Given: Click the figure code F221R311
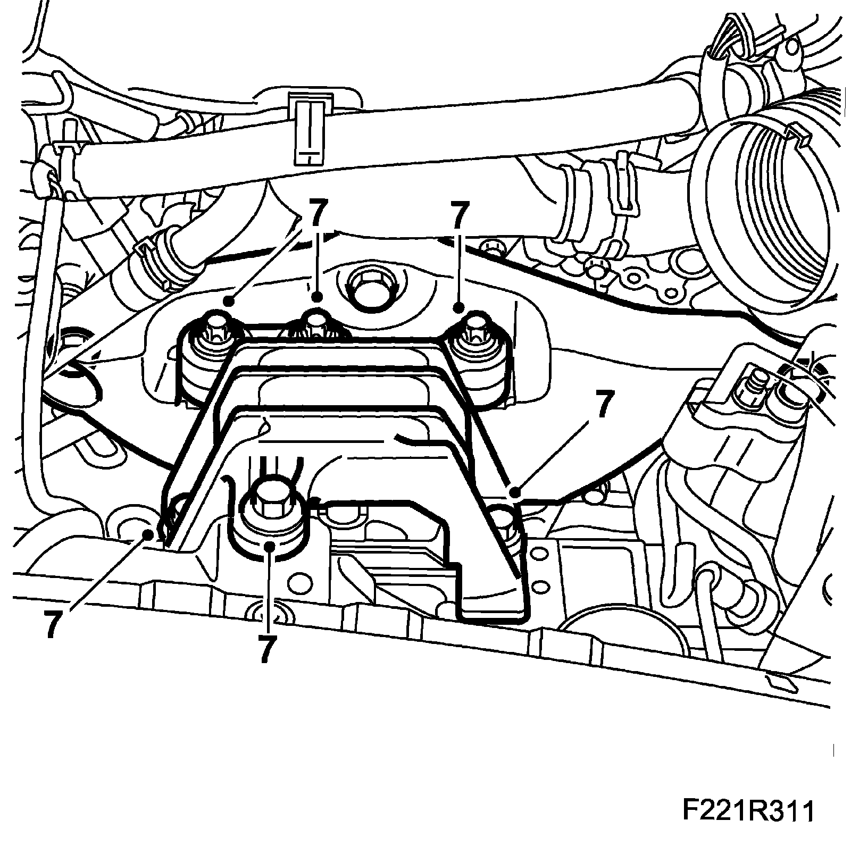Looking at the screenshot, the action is pos(747,827).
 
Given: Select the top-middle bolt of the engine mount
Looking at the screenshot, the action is pos(317,323).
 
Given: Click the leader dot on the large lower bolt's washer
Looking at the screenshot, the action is pos(270,545).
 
